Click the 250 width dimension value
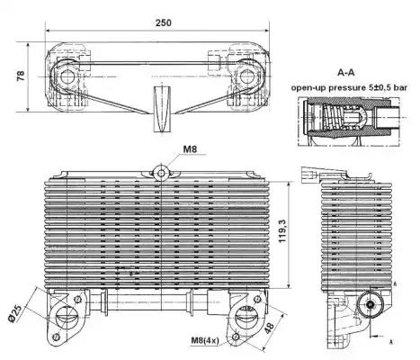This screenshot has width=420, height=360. pos(164,22)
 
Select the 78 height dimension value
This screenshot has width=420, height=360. pos(21,76)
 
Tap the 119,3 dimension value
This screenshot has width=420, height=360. pos(282,231)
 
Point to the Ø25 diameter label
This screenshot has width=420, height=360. pos(15,314)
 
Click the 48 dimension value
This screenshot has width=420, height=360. pos(269,328)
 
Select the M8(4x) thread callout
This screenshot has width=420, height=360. pos(205,340)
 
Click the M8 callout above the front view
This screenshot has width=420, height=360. pos(190,148)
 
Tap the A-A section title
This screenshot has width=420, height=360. pos(346,72)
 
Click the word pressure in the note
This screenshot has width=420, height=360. pos(347,88)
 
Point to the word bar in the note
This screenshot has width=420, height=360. pos(400,87)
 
